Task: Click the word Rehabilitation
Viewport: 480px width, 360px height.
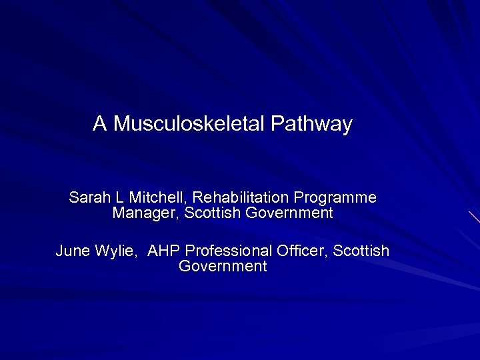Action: point(238,198)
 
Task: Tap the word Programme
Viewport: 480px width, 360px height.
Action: point(335,198)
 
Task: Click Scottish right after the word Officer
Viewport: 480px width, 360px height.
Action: point(361,251)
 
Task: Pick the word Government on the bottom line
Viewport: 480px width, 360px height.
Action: point(223,267)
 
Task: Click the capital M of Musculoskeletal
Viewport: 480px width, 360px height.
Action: point(121,124)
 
